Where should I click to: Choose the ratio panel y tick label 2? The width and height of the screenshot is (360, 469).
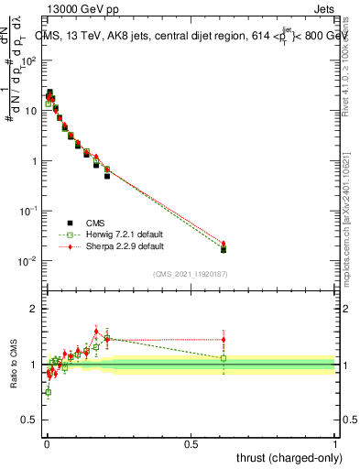click(x=34, y=309)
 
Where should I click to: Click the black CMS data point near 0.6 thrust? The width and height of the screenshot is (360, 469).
click(x=224, y=249)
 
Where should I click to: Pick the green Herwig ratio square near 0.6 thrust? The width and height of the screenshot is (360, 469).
click(x=224, y=358)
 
